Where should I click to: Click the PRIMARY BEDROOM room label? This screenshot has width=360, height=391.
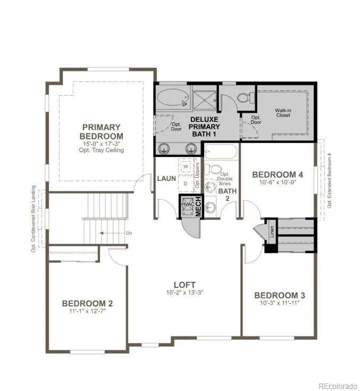[x=102, y=131]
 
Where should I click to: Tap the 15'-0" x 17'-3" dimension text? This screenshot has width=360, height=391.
[x=102, y=144]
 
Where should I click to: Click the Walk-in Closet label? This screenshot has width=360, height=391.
[x=282, y=112]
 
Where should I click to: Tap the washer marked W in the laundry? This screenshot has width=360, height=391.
[x=186, y=166]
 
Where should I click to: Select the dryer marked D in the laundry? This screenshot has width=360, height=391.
[x=186, y=183]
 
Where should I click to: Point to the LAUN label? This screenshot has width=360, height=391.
[x=166, y=178]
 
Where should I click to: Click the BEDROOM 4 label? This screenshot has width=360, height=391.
[x=277, y=174]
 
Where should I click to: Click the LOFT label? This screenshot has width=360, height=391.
[x=185, y=285]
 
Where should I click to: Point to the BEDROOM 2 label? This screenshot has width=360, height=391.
[x=87, y=303]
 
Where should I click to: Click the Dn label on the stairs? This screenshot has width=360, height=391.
[x=128, y=232]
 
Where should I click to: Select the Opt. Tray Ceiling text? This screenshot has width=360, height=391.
[x=102, y=151]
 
